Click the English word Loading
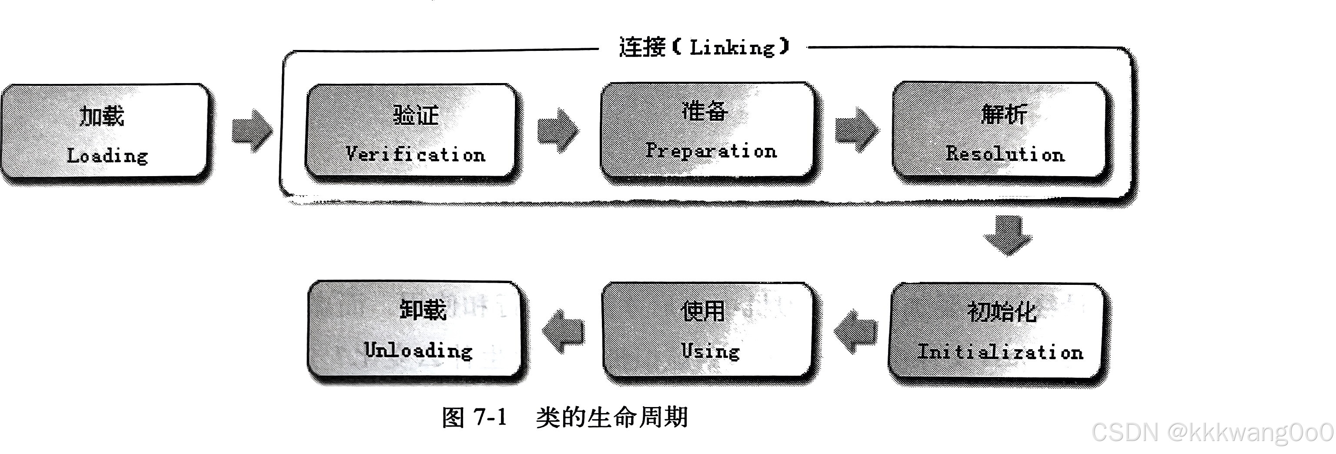(x=107, y=156)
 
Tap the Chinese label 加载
(x=102, y=116)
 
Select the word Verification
(x=415, y=154)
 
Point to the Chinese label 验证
(x=416, y=115)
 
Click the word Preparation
(x=711, y=151)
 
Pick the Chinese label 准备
(x=705, y=111)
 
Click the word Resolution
(x=1005, y=154)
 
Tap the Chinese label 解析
(x=1004, y=114)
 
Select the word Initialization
(x=1000, y=352)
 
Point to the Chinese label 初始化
(x=1002, y=312)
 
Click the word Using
(x=711, y=351)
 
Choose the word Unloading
(x=418, y=350)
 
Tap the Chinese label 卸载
(x=423, y=310)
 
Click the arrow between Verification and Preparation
(x=558, y=130)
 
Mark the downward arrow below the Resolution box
(x=1008, y=235)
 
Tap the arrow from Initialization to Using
(x=856, y=331)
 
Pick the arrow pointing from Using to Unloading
(x=563, y=331)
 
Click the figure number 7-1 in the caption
(x=490, y=417)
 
